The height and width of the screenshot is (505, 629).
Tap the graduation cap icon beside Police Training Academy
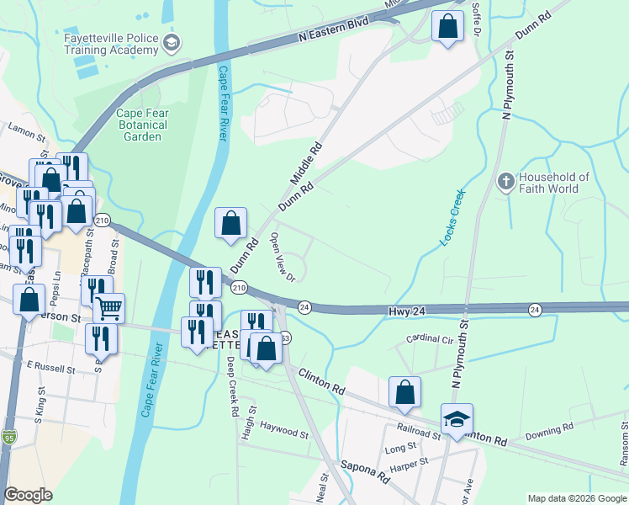coord(172,44)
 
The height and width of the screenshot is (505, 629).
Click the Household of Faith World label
coord(555,183)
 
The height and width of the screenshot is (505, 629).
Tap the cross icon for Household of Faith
coord(505,181)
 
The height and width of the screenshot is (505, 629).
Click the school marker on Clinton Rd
coord(457,419)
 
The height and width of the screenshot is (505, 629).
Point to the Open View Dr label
coord(281,257)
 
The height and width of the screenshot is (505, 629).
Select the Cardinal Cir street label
coord(430,339)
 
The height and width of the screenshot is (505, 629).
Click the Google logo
coord(29,495)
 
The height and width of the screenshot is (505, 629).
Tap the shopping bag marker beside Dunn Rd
coord(231,223)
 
